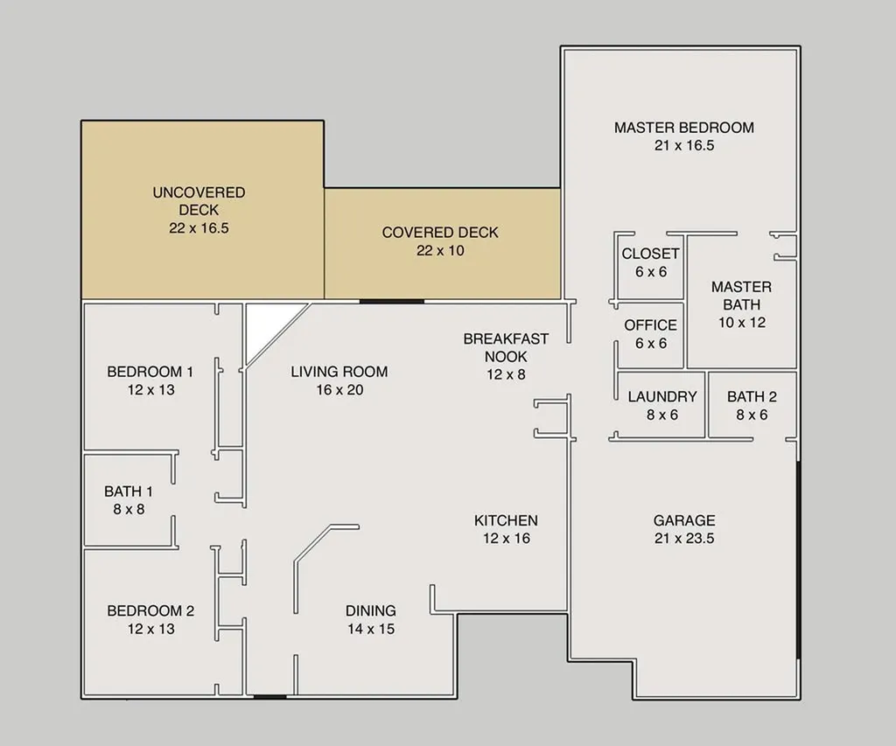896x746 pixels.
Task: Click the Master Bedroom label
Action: click(x=684, y=128)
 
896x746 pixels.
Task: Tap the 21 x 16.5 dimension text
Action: click(x=684, y=146)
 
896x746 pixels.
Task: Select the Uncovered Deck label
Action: click(x=199, y=201)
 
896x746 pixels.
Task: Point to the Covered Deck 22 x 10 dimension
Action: click(x=440, y=251)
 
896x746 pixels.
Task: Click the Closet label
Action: click(x=651, y=254)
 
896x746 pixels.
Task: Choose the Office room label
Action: click(x=651, y=325)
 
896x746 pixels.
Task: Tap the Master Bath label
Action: click(x=742, y=296)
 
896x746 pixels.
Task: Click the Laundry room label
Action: click(x=662, y=396)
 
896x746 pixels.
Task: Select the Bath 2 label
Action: click(x=752, y=396)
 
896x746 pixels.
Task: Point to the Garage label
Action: click(x=684, y=520)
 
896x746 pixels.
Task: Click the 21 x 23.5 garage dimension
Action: click(x=684, y=539)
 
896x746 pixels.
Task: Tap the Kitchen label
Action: click(x=507, y=520)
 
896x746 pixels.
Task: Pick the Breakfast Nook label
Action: click(x=507, y=347)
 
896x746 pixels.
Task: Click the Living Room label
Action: click(x=339, y=372)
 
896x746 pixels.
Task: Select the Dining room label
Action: click(x=371, y=610)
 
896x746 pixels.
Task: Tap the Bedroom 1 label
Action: click(x=150, y=372)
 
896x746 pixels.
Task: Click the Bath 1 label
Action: click(x=129, y=492)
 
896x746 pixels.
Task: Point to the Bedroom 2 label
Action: click(x=150, y=610)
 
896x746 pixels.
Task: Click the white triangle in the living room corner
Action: click(x=265, y=324)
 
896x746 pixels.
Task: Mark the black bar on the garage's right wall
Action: click(x=798, y=559)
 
